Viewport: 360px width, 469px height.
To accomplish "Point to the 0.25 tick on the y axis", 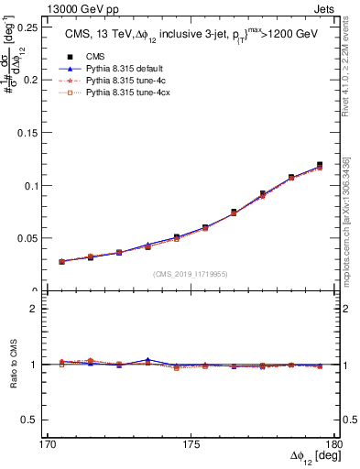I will pyautogui.click(x=24, y=27).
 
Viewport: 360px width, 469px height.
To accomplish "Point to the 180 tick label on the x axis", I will pyautogui.click(x=334, y=444).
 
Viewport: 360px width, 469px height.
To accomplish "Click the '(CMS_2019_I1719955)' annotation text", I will pyautogui.click(x=191, y=273).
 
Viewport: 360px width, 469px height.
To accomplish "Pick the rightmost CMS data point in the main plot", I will pyautogui.click(x=320, y=165).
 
